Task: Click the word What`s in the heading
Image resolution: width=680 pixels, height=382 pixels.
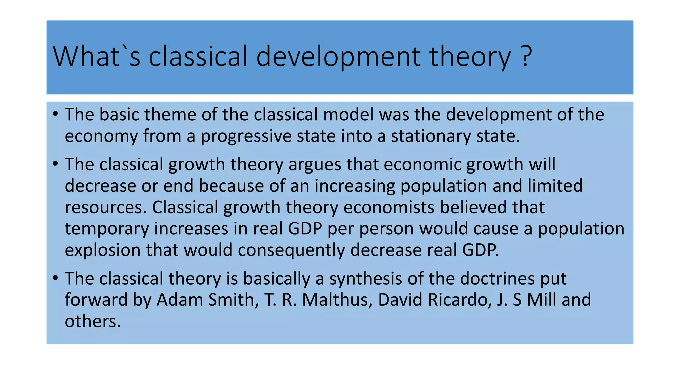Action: click(x=97, y=56)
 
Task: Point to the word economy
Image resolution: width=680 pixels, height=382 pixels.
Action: click(x=101, y=136)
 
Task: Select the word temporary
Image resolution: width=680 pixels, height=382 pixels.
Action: click(x=107, y=229)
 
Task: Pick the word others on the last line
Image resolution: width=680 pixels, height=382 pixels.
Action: click(x=92, y=321)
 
